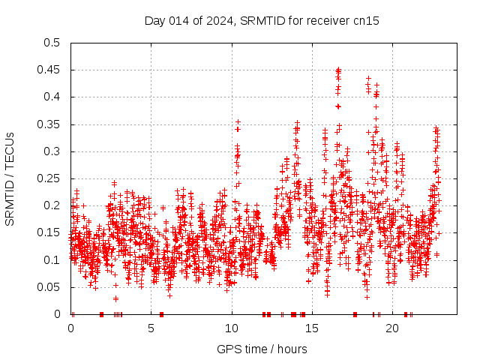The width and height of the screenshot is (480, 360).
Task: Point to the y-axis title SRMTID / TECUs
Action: pos(10,178)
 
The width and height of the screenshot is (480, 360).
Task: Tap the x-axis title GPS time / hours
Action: pos(262,349)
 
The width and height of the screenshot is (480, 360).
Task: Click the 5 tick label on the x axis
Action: pos(151,328)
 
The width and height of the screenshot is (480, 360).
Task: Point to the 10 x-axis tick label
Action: pos(232,328)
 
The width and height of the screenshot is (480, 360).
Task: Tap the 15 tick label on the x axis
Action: pos(312,328)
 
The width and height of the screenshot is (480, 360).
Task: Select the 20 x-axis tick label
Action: pos(392,328)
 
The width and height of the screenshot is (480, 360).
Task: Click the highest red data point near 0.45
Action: pos(338,70)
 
